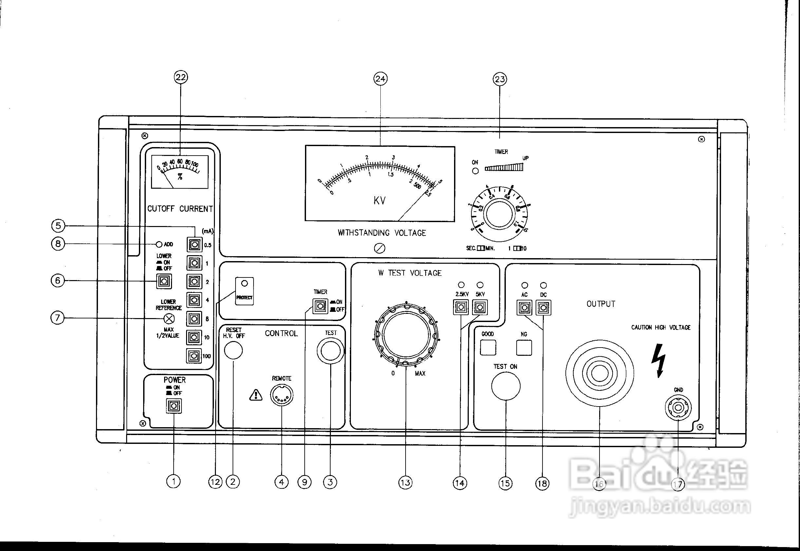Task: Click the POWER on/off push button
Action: point(174,405)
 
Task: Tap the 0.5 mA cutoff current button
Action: point(194,245)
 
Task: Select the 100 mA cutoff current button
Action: point(194,356)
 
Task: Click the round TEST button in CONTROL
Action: point(331,351)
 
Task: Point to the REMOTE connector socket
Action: point(282,395)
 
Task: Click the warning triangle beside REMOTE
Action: point(256,395)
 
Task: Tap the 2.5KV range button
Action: point(461,307)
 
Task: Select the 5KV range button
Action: point(480,307)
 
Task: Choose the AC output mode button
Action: point(524,307)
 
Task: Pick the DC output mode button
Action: point(543,307)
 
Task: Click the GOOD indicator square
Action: point(488,348)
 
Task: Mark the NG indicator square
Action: point(524,348)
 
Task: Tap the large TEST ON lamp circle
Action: point(506,386)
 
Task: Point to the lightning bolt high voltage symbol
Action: point(658,360)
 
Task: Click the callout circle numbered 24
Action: point(380,79)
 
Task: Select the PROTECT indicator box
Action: point(244,291)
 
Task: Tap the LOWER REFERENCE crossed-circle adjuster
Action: point(168,318)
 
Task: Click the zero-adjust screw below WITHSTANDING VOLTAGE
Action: point(380,248)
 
